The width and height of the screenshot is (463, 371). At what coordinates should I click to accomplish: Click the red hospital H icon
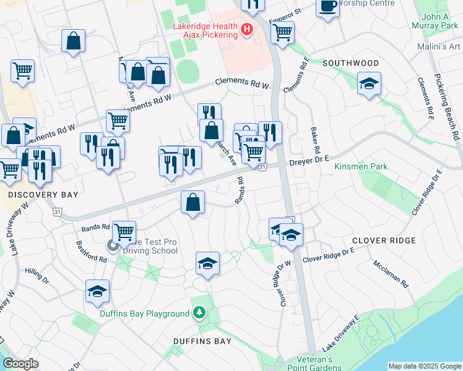pyautogui.click(x=247, y=28)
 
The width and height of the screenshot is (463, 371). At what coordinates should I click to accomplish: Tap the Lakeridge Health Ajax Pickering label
pyautogui.click(x=204, y=30)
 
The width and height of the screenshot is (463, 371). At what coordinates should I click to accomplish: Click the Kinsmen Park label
pyautogui.click(x=361, y=166)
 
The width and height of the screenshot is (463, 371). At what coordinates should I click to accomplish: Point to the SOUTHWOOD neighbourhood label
pyautogui.click(x=350, y=63)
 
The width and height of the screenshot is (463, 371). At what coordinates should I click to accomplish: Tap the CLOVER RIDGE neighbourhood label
pyautogui.click(x=384, y=240)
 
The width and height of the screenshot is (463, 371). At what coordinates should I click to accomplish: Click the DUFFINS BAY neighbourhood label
pyautogui.click(x=202, y=341)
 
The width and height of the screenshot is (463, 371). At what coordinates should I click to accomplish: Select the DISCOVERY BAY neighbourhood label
pyautogui.click(x=43, y=194)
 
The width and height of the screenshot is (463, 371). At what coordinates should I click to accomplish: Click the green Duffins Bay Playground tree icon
pyautogui.click(x=199, y=313)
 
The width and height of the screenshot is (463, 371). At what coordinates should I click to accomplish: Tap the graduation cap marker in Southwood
pyautogui.click(x=370, y=84)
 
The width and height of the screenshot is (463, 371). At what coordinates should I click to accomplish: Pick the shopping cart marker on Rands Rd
pyautogui.click(x=124, y=232)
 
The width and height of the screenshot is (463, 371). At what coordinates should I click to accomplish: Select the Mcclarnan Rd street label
pyautogui.click(x=391, y=274)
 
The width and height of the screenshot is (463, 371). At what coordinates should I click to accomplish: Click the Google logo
pyautogui.click(x=20, y=364)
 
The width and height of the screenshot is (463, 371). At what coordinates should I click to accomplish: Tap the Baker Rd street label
pyautogui.click(x=315, y=142)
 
